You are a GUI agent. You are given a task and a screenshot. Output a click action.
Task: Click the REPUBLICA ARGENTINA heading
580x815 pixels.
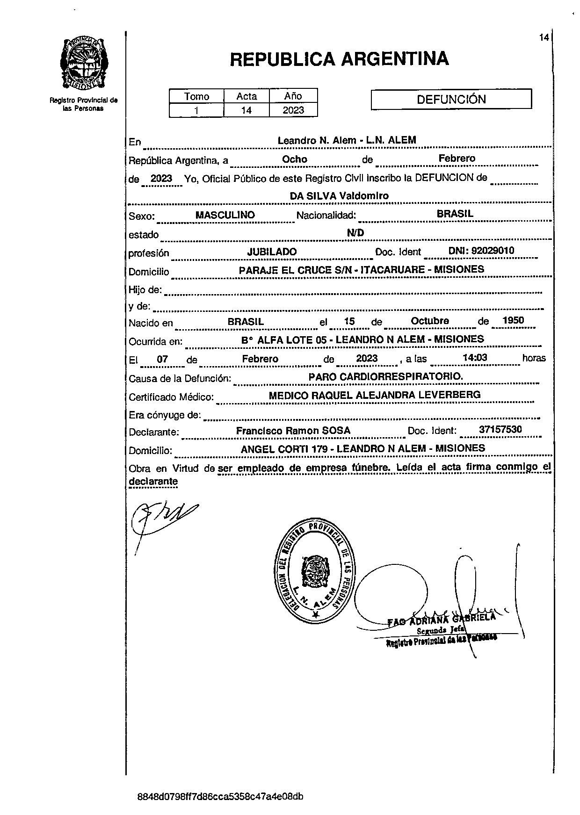[x=339, y=59]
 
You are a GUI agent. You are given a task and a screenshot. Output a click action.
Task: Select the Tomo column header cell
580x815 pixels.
[x=196, y=96]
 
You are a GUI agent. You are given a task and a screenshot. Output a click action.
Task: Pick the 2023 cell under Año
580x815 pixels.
[x=293, y=110]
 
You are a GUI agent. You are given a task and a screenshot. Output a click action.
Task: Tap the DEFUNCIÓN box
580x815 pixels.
[x=451, y=99]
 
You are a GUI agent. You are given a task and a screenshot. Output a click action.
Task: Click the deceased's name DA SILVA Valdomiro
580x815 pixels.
[x=339, y=196]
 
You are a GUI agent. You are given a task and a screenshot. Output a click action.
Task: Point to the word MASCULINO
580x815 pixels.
[x=225, y=215]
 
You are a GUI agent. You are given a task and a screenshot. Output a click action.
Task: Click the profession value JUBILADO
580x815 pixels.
[x=272, y=252]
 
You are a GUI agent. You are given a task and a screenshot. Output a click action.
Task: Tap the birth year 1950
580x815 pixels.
[x=513, y=321]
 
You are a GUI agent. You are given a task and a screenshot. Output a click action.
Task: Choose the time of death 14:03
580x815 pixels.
[x=474, y=358]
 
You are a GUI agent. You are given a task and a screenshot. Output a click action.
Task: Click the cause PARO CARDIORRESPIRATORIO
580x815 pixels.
[x=386, y=376]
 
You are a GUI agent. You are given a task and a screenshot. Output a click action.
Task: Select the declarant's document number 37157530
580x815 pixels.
[x=500, y=430]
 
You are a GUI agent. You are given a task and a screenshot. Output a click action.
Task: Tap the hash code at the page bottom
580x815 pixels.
[x=220, y=797]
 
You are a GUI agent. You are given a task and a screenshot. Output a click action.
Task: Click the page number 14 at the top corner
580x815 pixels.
[x=544, y=38]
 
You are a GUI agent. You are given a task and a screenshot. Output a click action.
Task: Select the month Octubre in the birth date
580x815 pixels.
[x=429, y=321]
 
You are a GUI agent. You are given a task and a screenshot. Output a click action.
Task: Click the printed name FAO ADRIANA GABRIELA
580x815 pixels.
[x=441, y=620]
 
